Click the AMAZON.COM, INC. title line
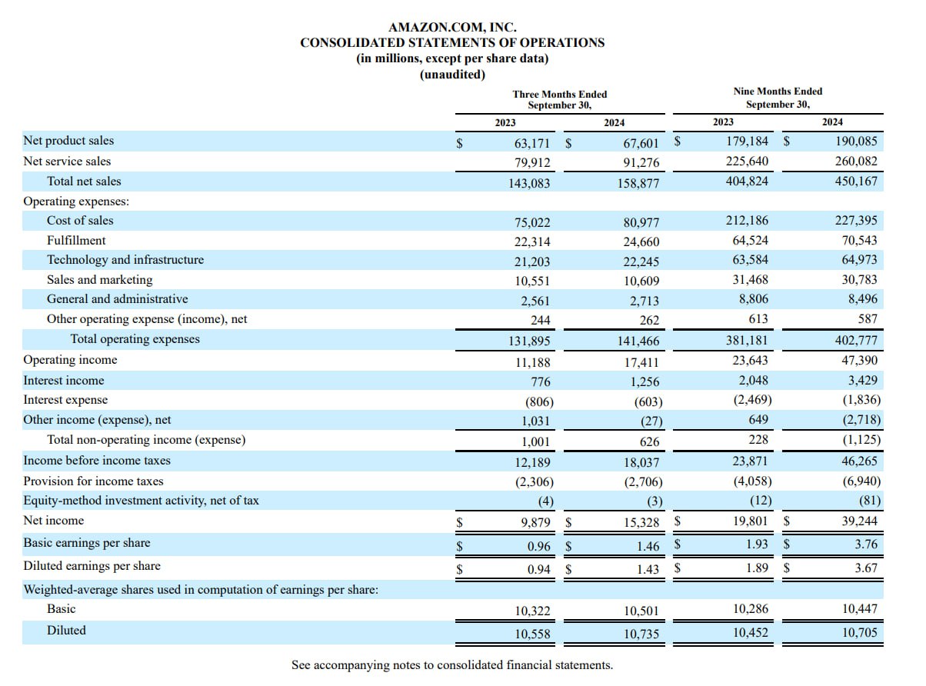pyautogui.click(x=452, y=27)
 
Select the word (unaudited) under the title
pyautogui.click(x=452, y=75)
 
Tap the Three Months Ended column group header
pyautogui.click(x=559, y=99)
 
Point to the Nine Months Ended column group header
pyautogui.click(x=778, y=97)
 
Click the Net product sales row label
pyautogui.click(x=68, y=141)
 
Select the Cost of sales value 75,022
pyautogui.click(x=532, y=222)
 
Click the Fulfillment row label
pyautogui.click(x=76, y=241)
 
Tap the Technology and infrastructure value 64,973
pyautogui.click(x=859, y=260)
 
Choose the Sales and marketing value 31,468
pyautogui.click(x=750, y=279)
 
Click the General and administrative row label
pyautogui.click(x=118, y=299)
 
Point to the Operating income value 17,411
pyautogui.click(x=641, y=362)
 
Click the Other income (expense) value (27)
pyautogui.click(x=651, y=421)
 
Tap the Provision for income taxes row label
pyautogui.click(x=93, y=481)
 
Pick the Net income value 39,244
pyautogui.click(x=859, y=521)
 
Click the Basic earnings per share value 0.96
pyautogui.click(x=538, y=546)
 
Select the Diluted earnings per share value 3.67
pyautogui.click(x=866, y=568)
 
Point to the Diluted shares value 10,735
pyautogui.click(x=641, y=634)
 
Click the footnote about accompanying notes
pyautogui.click(x=452, y=664)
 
